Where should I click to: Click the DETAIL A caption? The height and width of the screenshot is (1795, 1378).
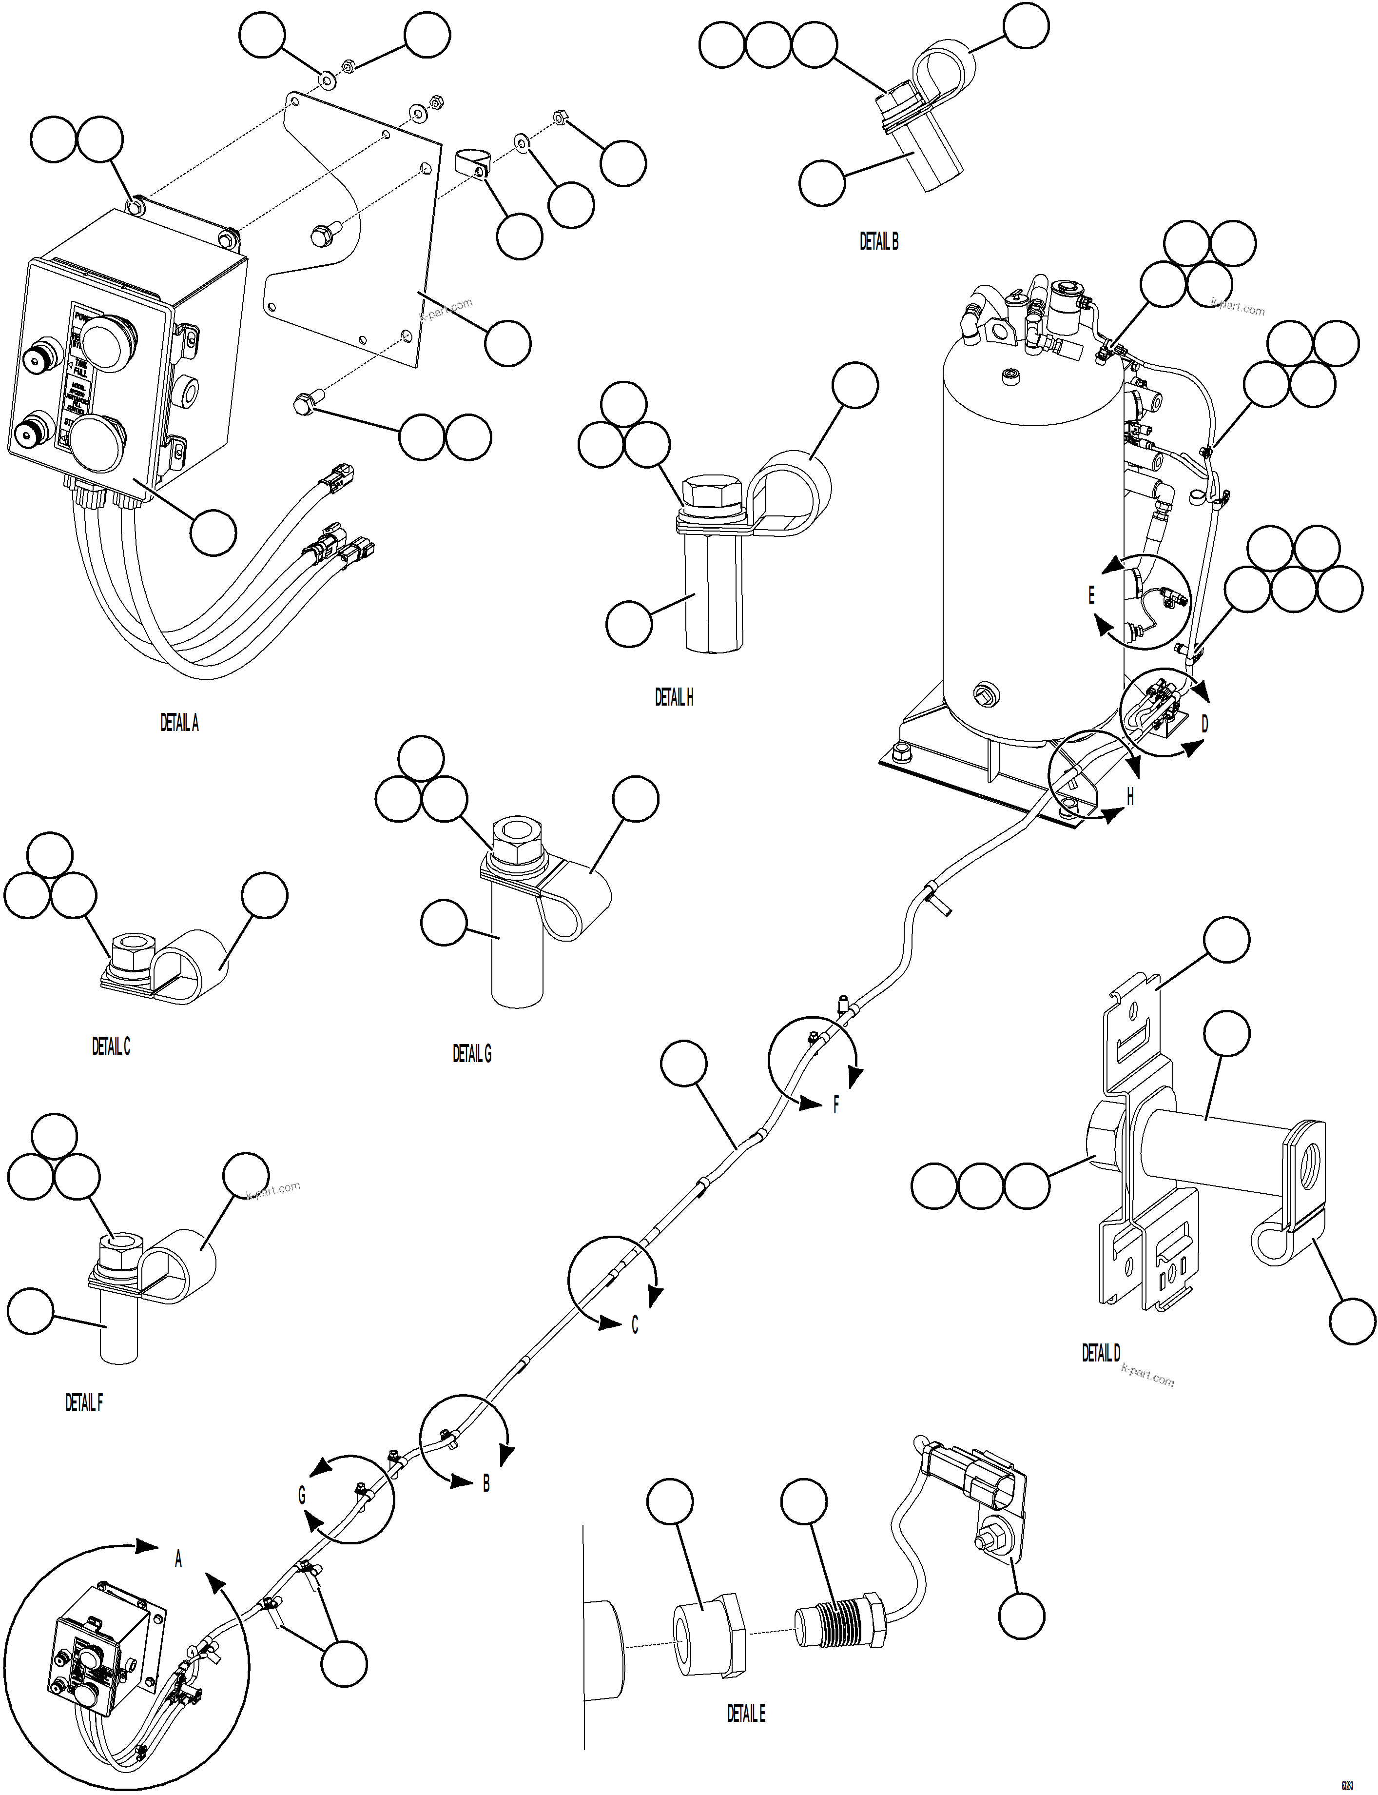[179, 723]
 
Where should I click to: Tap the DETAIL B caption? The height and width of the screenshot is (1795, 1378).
[878, 241]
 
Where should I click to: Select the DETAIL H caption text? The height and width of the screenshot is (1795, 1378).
[674, 697]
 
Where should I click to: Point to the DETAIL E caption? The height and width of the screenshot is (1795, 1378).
[746, 1713]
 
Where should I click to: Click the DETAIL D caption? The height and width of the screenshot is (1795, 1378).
[1100, 1353]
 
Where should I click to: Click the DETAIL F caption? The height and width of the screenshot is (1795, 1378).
[84, 1403]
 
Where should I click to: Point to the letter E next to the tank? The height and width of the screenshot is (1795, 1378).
[1091, 595]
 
